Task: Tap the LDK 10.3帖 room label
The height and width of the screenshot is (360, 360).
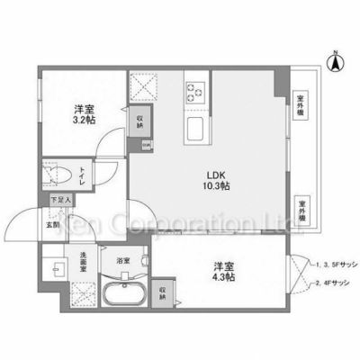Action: coord(218,180)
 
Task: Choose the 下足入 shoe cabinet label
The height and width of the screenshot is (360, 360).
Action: coord(56,201)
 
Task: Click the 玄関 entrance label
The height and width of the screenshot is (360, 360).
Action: coord(53,224)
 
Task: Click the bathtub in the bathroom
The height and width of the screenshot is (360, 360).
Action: coord(129,294)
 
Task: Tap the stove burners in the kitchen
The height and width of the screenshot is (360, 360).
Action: coord(196,90)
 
